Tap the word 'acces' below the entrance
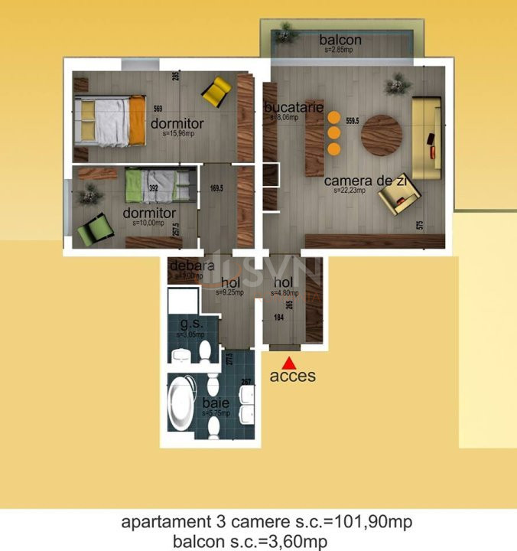(x=292, y=376)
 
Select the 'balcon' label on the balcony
(x=340, y=40)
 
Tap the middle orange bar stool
(x=333, y=132)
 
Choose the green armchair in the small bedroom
(x=95, y=228)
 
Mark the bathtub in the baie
(x=184, y=403)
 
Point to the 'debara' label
(x=187, y=267)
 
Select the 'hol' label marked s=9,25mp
(x=230, y=282)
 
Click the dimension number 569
(x=158, y=108)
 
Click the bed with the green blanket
(x=159, y=184)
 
